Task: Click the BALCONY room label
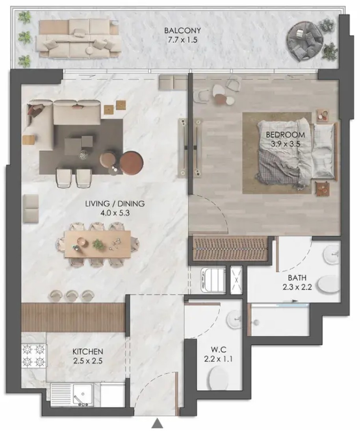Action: pos(182,30)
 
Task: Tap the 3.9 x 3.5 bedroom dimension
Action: pos(286,144)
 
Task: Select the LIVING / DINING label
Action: pos(115,204)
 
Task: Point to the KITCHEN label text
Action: pos(88,352)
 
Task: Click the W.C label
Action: pos(219,350)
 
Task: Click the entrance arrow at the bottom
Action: pos(157,422)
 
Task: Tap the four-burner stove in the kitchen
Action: pos(34,355)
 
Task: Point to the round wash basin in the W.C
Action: pos(234,319)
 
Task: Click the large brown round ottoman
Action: pos(132,163)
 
